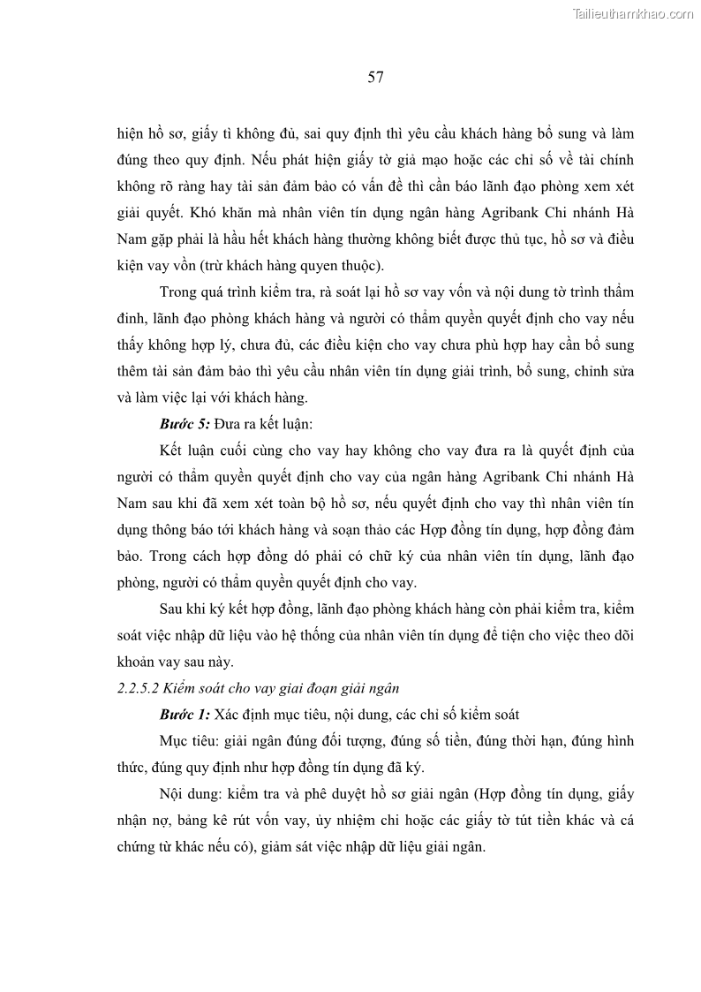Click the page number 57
point(375,78)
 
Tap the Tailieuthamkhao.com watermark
point(633,13)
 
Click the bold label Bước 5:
point(185,425)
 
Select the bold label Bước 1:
point(185,715)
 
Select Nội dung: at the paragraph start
point(192,793)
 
